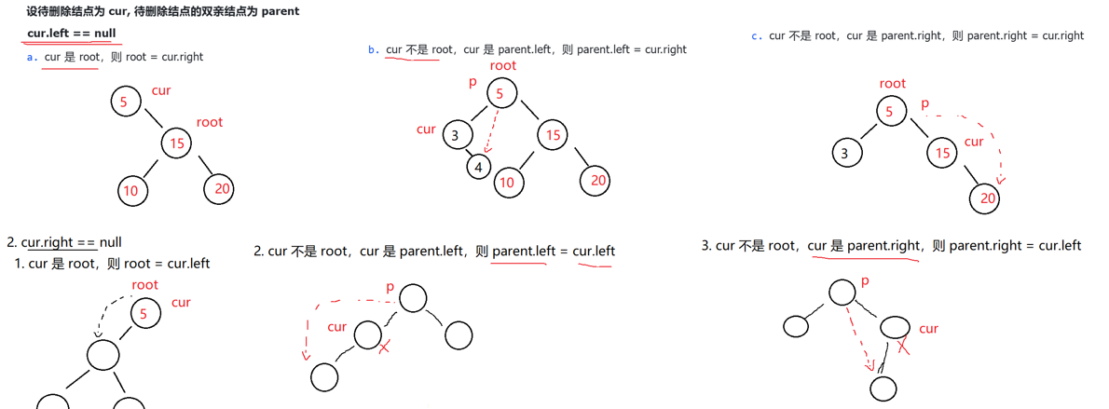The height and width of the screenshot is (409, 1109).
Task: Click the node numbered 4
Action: (x=478, y=168)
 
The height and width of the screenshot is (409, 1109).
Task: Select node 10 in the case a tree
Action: (x=131, y=190)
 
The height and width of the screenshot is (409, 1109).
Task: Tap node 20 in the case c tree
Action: (x=987, y=198)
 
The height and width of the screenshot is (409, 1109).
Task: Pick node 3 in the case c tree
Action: (x=846, y=153)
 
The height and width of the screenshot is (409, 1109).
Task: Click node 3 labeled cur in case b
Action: (x=456, y=135)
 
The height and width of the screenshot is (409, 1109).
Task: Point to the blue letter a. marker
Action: (x=33, y=57)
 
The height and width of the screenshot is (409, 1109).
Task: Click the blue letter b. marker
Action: (x=373, y=50)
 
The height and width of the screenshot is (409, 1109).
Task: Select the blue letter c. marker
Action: (x=757, y=36)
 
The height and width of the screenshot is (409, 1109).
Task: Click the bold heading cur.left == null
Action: (x=72, y=34)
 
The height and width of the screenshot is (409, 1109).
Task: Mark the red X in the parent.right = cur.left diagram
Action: (x=902, y=346)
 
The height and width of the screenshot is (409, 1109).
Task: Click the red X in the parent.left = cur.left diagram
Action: (x=384, y=347)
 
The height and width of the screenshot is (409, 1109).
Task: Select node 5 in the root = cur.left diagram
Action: (x=144, y=314)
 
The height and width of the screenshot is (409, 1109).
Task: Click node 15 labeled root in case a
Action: (x=176, y=143)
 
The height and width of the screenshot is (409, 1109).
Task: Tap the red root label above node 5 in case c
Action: (x=892, y=84)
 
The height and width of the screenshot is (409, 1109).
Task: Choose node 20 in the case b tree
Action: (x=596, y=180)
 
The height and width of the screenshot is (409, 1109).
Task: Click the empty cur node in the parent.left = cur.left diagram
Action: (x=367, y=334)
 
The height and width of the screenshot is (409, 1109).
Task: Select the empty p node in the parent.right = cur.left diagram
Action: (x=842, y=292)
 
